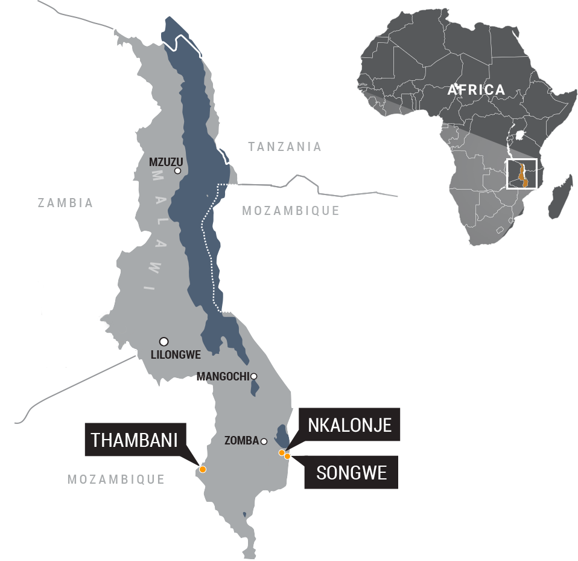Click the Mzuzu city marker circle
[x=177, y=171]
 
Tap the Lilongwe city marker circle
[x=164, y=341]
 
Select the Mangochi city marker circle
[x=254, y=376]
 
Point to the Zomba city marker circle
[x=264, y=441]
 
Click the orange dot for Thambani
[x=203, y=469]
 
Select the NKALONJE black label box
[x=349, y=425]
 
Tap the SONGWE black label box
[x=351, y=472]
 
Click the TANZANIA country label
[x=285, y=147]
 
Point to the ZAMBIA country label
[x=65, y=203]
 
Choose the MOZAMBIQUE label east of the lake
[x=290, y=211]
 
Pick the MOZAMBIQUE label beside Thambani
[x=116, y=479]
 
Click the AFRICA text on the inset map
[x=476, y=90]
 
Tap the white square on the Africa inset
[x=521, y=174]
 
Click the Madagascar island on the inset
[x=560, y=197]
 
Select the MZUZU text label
[x=165, y=162]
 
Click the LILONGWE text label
[x=176, y=355]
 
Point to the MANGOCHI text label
[x=223, y=377]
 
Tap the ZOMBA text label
[x=241, y=441]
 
